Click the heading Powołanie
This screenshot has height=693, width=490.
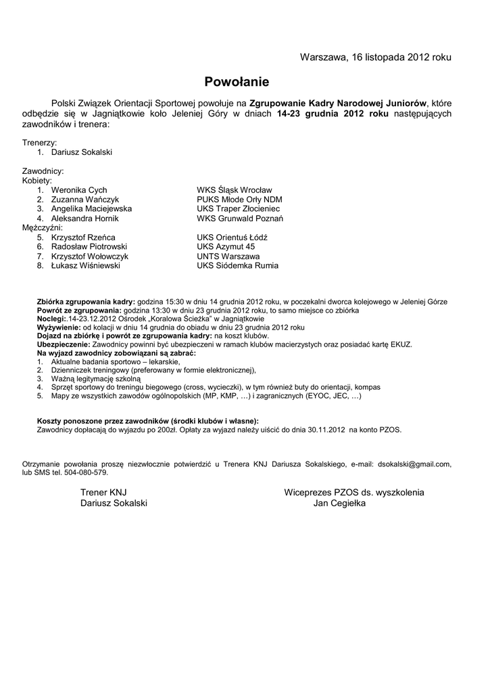237,83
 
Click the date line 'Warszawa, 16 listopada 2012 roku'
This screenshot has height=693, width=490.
376,57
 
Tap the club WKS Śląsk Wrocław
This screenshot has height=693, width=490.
235,190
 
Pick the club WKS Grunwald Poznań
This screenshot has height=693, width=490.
240,219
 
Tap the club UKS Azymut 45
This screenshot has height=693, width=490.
226,247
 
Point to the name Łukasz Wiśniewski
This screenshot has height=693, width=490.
86,266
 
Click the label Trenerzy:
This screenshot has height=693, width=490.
40,143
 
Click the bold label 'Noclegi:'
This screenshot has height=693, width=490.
51,318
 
